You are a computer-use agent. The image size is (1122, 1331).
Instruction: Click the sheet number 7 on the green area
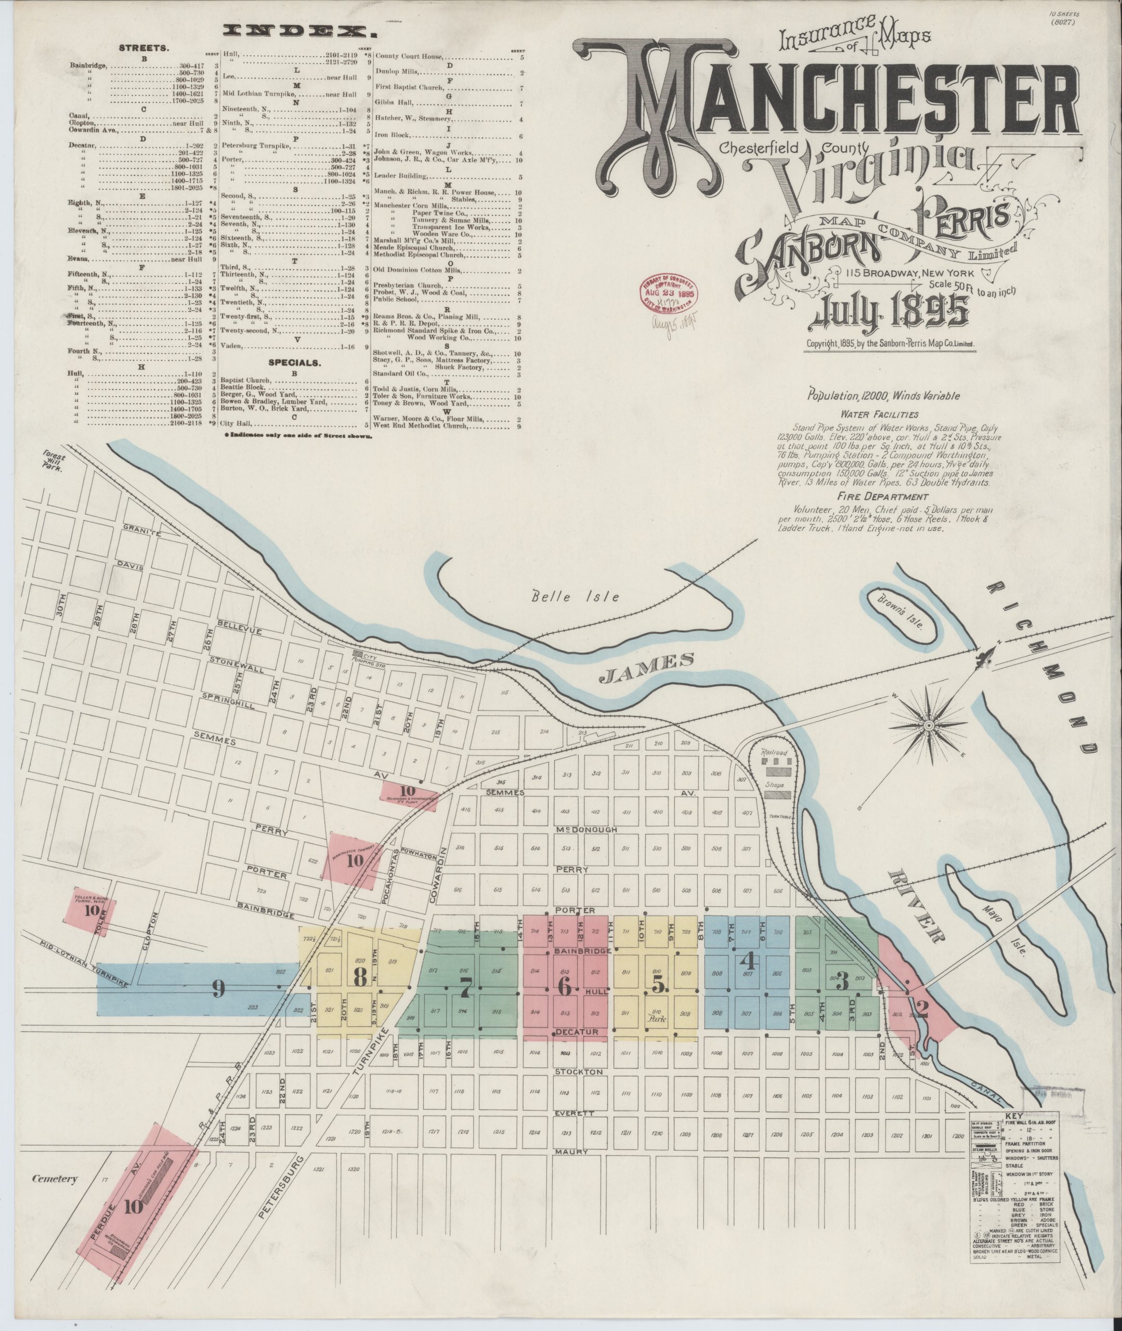466,988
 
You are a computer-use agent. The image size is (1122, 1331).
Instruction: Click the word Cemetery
55,1179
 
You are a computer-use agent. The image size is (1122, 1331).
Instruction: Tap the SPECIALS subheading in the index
293,362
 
